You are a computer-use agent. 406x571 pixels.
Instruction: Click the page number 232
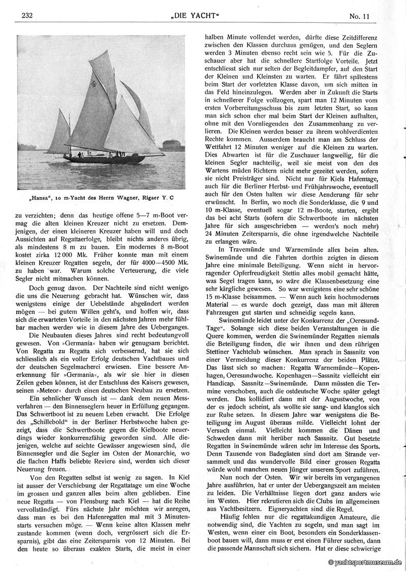click(x=27, y=16)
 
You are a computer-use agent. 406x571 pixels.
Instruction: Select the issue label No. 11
click(x=359, y=16)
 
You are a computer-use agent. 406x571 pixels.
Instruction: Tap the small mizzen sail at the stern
click(x=60, y=133)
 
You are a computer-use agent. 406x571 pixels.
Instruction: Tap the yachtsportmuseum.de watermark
click(x=365, y=562)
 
